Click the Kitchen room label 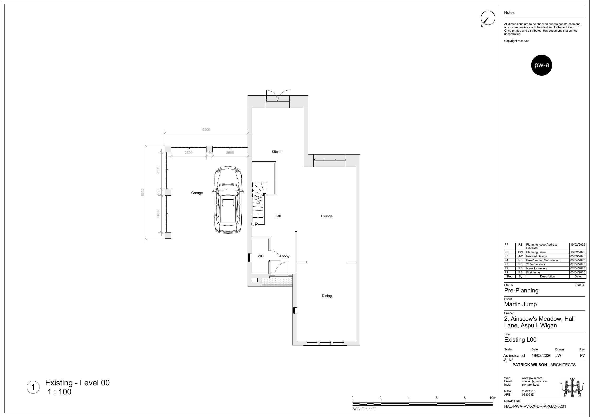coord(278,152)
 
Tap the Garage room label coord(197,193)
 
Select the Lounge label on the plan coord(327,216)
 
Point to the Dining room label coord(327,296)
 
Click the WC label coord(261,256)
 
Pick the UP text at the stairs coord(254,224)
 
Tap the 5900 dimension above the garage coord(206,130)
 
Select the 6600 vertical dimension coord(143,192)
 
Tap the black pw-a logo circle coord(542,65)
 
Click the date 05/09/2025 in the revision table coord(578,256)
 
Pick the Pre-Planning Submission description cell coord(543,260)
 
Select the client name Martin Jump coord(520,304)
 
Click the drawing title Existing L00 coord(520,340)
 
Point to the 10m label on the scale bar coord(493,398)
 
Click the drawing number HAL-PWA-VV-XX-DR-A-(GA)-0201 coord(535,407)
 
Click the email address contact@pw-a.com coord(534,382)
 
